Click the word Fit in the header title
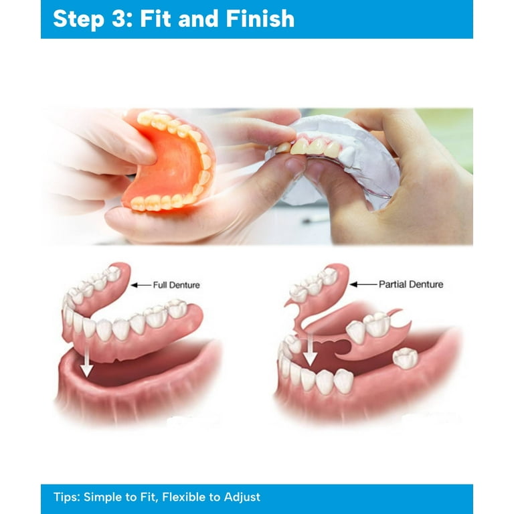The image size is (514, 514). (x=155, y=18)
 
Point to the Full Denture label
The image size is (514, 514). (x=177, y=285)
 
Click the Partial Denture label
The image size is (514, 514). (x=411, y=284)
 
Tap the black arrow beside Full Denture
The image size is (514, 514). (x=141, y=285)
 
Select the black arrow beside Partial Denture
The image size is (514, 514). (x=363, y=284)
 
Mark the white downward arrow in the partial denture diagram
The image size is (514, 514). (x=309, y=350)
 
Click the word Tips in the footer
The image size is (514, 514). (x=66, y=497)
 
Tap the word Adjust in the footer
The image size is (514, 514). (x=242, y=497)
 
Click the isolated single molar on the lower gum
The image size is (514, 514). (x=406, y=358)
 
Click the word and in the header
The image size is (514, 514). (x=198, y=18)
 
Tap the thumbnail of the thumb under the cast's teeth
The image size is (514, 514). (x=294, y=163)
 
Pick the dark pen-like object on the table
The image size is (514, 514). (x=315, y=219)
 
